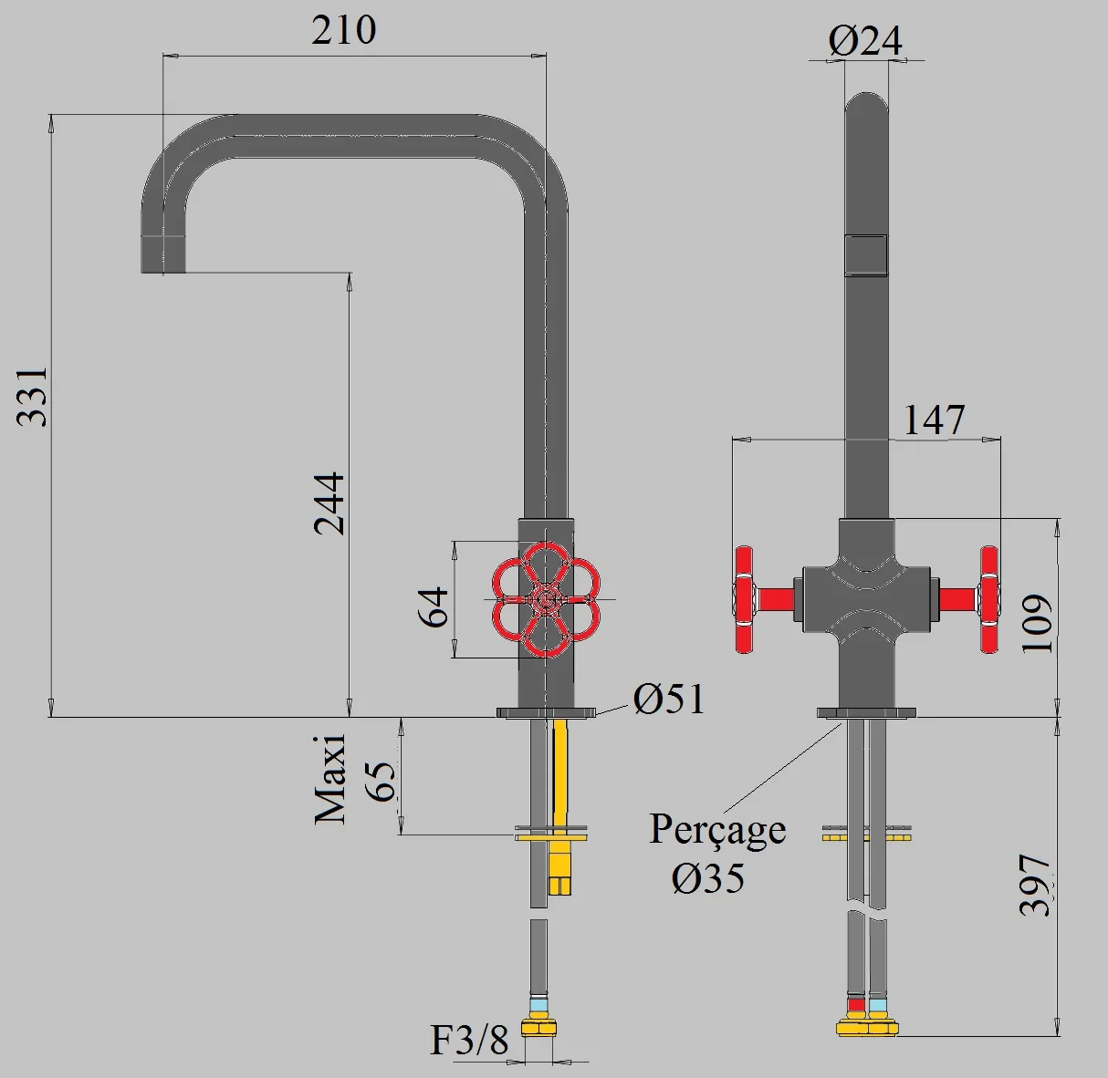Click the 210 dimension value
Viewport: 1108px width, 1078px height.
pyautogui.click(x=343, y=31)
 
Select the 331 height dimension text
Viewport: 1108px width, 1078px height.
pyautogui.click(x=33, y=397)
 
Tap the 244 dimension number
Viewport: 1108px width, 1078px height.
pyautogui.click(x=329, y=503)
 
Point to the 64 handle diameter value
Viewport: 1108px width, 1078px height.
pyautogui.click(x=434, y=606)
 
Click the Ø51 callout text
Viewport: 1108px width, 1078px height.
pyautogui.click(x=669, y=700)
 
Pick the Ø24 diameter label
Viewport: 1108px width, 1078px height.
pyautogui.click(x=865, y=41)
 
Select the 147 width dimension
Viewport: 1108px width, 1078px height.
pyautogui.click(x=934, y=420)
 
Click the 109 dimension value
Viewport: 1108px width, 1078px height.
pyautogui.click(x=1037, y=624)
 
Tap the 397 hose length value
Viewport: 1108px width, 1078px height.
pyautogui.click(x=1036, y=886)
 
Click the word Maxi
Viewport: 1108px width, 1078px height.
pyautogui.click(x=329, y=780)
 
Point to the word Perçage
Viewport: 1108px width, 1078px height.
pyautogui.click(x=717, y=830)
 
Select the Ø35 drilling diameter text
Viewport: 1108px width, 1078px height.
pyautogui.click(x=708, y=878)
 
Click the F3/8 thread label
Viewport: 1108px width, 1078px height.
pyautogui.click(x=469, y=1040)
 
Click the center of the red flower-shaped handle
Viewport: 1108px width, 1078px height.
pyautogui.click(x=546, y=599)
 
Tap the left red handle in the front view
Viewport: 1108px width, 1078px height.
pyautogui.click(x=746, y=599)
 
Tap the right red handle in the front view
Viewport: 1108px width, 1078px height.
pyautogui.click(x=988, y=599)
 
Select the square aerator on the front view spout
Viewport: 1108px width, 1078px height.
pyautogui.click(x=866, y=254)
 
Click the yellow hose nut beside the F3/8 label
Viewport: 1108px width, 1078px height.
pyautogui.click(x=539, y=1028)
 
